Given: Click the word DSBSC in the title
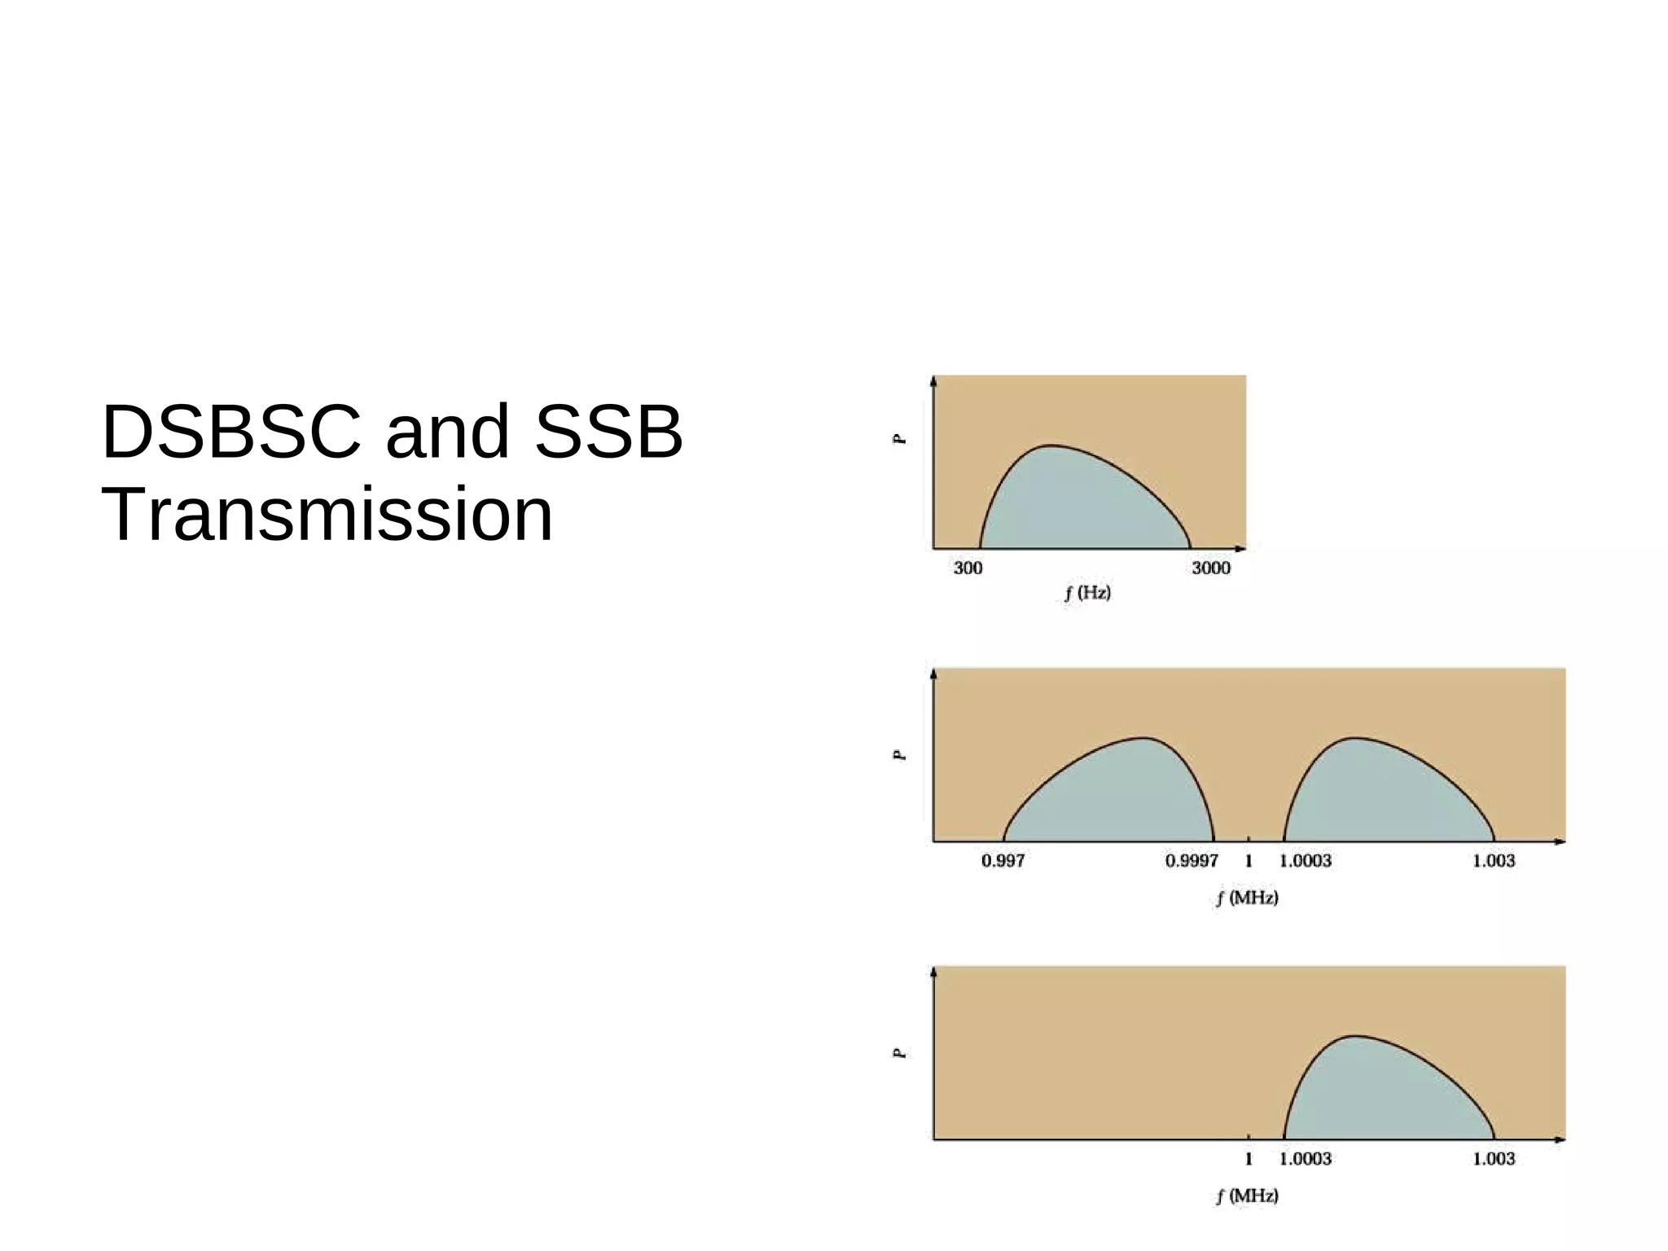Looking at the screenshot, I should coord(231,432).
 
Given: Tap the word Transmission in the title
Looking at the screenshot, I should coord(327,515).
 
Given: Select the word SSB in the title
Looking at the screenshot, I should coord(608,432).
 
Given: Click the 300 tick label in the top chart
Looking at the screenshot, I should coord(968,568).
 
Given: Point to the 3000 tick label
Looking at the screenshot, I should coord(1211,568).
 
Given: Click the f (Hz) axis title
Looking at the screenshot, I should coord(1087,593).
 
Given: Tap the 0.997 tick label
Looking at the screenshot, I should coord(1003,861).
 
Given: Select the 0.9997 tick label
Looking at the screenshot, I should coord(1192,861).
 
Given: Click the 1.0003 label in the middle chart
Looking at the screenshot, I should coord(1306,861).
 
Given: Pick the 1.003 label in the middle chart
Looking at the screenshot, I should coord(1494,861).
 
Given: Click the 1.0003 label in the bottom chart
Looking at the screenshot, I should coord(1306,1159).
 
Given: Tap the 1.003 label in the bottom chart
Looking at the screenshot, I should coord(1494,1159).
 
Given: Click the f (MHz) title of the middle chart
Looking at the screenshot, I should coord(1247,898).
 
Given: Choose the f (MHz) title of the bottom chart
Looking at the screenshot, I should coord(1247,1196).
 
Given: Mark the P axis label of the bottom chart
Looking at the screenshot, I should coord(899,1053).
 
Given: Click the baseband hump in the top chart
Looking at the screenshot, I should coord(1075,505).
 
